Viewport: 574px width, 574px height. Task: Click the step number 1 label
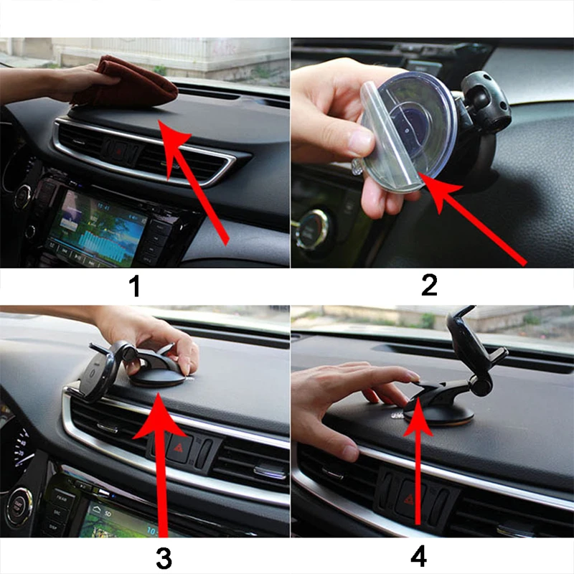(x=135, y=286)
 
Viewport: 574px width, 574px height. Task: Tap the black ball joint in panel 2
(x=485, y=100)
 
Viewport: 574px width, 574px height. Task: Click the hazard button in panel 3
(x=179, y=447)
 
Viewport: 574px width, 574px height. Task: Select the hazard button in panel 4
(x=409, y=498)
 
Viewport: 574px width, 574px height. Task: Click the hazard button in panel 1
(x=118, y=151)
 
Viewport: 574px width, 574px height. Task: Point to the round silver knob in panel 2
(x=312, y=230)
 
